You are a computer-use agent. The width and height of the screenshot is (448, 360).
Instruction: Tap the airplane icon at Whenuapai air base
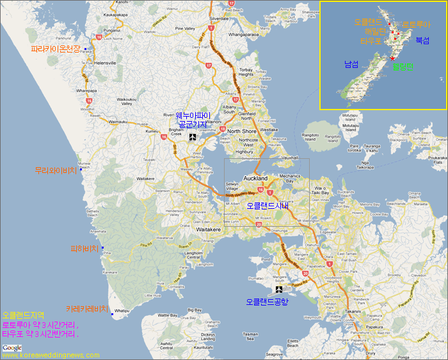point(193,136)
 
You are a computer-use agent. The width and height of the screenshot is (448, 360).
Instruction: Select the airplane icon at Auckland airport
point(278,289)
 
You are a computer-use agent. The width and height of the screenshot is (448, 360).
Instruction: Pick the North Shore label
point(241,131)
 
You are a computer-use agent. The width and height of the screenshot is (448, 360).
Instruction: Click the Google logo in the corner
point(12,348)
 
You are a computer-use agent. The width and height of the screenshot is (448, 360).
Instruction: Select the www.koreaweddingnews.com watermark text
point(60,355)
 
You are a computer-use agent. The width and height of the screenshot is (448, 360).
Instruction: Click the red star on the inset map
point(392,58)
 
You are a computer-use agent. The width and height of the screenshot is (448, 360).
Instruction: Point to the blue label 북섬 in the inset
point(422,40)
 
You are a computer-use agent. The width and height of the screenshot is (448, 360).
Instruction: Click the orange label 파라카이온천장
point(56,49)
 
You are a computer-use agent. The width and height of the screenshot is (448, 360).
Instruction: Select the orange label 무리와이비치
point(56,171)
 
